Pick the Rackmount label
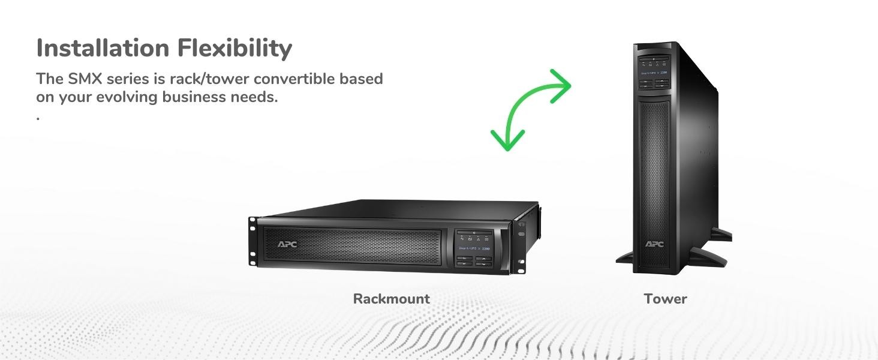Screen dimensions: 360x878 (x=391, y=299)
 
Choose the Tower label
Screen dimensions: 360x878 (x=665, y=299)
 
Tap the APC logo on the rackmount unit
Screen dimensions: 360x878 (x=287, y=244)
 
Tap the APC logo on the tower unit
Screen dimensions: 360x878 (x=654, y=244)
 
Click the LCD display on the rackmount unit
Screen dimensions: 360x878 (x=474, y=241)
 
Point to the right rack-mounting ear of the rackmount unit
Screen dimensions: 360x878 (x=519, y=246)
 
